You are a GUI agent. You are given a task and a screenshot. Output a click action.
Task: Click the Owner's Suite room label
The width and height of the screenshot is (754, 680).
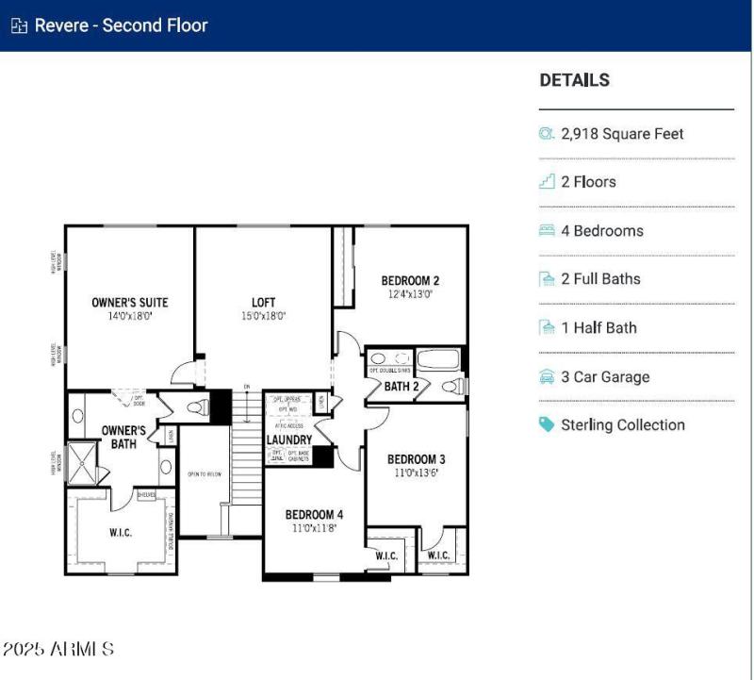coord(129,303)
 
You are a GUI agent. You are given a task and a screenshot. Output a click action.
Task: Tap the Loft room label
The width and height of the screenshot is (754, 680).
coord(263,303)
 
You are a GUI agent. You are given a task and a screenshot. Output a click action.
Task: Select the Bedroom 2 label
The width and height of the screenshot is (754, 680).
coord(410,280)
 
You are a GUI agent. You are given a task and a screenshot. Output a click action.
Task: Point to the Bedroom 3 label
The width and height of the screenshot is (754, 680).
coord(416,459)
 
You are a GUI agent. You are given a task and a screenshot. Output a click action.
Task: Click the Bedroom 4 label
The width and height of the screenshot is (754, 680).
coord(314,514)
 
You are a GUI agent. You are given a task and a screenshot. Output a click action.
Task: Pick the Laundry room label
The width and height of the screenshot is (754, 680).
coord(289,440)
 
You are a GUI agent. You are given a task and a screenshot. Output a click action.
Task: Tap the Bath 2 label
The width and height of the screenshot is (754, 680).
coord(402,386)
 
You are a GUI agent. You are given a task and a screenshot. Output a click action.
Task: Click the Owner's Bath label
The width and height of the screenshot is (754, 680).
coord(123,438)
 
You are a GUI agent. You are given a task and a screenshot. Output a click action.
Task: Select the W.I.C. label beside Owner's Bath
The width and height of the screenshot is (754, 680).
coord(121,533)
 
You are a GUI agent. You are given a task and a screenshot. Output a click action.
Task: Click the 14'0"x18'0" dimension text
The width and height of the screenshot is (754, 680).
coord(129,317)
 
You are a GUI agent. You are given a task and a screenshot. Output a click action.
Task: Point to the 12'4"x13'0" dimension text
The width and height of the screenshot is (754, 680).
coord(410,294)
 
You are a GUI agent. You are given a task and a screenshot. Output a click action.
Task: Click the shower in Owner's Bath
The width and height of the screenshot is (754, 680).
coord(84,466)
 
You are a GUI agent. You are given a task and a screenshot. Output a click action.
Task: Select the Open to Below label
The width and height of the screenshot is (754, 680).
coord(205,473)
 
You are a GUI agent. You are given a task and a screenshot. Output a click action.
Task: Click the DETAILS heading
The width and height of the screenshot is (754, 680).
coord(574,80)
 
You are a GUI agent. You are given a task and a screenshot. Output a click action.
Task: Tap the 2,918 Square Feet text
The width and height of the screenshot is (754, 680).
coord(622,134)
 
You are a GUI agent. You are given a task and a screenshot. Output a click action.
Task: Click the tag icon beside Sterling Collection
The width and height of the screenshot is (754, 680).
coord(547,424)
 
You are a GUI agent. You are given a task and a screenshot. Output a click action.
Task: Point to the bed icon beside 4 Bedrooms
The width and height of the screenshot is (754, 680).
coord(547,230)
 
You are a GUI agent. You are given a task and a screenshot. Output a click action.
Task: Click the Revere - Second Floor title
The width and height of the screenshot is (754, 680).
coord(121,25)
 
